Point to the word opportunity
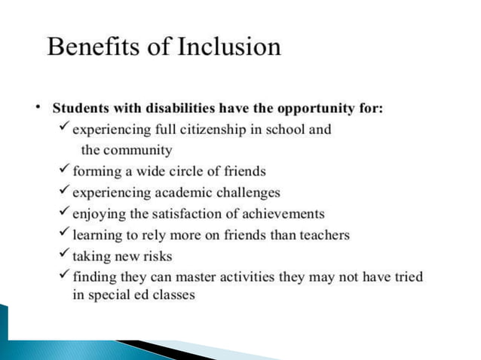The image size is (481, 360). click(x=311, y=108)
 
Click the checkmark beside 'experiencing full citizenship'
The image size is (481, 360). click(x=65, y=129)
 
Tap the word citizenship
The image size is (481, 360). click(x=208, y=129)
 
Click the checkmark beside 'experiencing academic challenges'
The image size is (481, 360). click(x=65, y=192)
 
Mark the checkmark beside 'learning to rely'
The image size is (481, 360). click(x=65, y=235)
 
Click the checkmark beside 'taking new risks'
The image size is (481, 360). click(x=65, y=256)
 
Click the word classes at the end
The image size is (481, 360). click(x=173, y=294)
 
